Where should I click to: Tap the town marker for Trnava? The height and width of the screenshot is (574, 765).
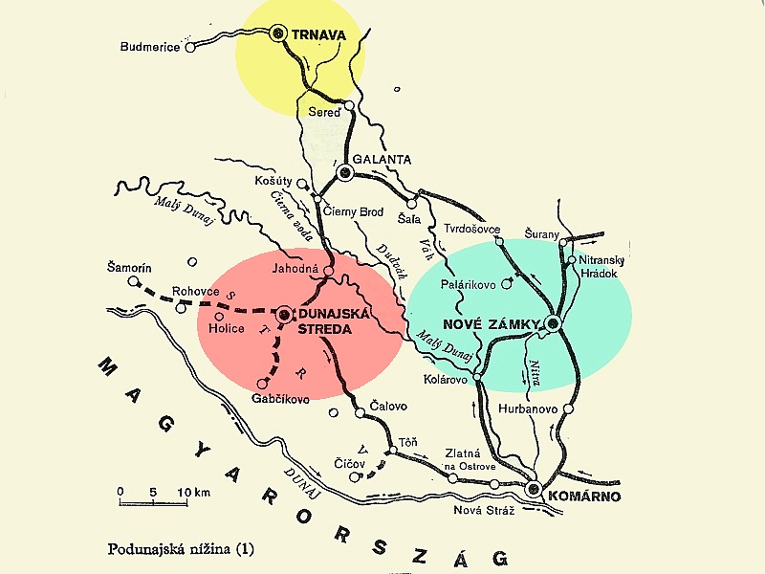point(279,33)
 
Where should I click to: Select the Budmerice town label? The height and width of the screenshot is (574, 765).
point(152,47)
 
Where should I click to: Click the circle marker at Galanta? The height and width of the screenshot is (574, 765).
point(345,173)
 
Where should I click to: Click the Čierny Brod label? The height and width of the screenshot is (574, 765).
point(354,211)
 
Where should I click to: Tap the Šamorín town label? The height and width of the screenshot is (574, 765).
point(131,270)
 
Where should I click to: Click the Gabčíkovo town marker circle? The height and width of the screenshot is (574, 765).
point(263,384)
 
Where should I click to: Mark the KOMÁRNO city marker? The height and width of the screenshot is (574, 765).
point(535,490)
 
